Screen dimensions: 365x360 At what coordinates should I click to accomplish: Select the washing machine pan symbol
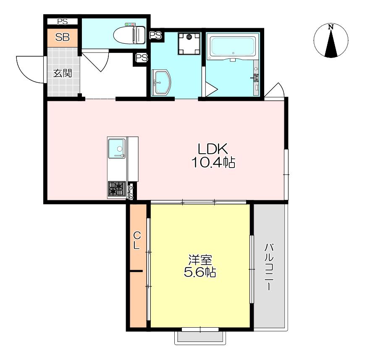click(x=189, y=44)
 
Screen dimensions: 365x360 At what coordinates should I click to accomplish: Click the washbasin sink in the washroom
click(x=161, y=82)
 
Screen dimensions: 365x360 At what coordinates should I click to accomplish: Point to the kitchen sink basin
click(x=117, y=148)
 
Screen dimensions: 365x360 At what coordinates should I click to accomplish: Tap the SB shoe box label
click(x=63, y=37)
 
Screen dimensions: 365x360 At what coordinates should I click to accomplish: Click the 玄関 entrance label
click(x=63, y=73)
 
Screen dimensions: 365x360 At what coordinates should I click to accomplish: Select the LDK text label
click(x=213, y=149)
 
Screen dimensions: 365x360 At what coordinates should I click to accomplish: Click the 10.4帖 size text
click(x=213, y=162)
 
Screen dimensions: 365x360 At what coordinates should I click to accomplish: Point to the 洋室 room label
click(x=200, y=260)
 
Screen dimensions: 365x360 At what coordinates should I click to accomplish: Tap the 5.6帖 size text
click(x=200, y=272)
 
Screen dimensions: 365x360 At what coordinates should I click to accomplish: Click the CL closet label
click(x=137, y=241)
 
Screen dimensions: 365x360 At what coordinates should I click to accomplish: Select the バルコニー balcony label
click(x=269, y=267)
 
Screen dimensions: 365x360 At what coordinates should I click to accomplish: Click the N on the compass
click(x=331, y=27)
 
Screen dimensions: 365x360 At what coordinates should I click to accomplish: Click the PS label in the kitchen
click(x=130, y=192)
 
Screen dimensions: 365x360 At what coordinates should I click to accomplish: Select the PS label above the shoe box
click(x=63, y=22)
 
